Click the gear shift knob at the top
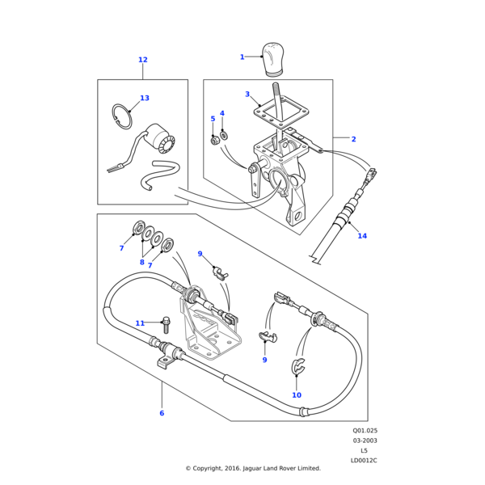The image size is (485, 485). [272, 60]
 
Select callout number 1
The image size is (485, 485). [242, 57]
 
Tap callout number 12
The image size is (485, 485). [143, 60]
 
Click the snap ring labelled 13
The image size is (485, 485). [122, 116]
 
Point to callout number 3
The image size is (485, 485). [247, 94]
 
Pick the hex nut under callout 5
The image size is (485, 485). [213, 141]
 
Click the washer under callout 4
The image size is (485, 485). [223, 135]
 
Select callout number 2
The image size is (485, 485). [354, 139]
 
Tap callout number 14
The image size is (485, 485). [362, 236]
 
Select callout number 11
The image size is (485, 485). [140, 323]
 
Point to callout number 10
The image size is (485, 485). [297, 395]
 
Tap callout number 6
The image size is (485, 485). [162, 413]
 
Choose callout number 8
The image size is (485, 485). [142, 262]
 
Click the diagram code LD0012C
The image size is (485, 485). [364, 460]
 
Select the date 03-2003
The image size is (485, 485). [365, 441]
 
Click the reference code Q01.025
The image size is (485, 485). [365, 431]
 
